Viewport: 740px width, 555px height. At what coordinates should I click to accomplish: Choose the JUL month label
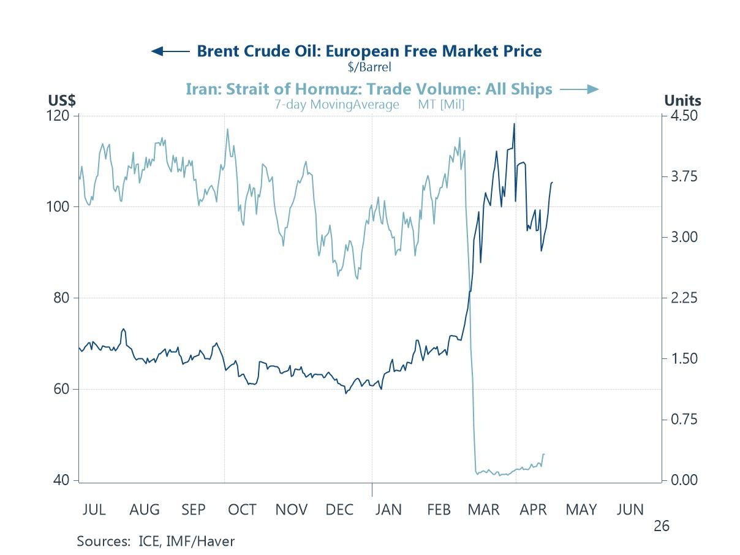pos(93,510)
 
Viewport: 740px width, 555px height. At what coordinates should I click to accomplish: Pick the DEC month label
pos(339,510)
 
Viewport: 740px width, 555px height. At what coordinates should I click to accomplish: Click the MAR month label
pos(483,510)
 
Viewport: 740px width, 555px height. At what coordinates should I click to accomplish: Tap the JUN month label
pos(630,510)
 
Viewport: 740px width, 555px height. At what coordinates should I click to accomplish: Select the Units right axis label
pos(682,100)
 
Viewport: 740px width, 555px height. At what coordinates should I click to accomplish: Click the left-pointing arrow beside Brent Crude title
pos(170,51)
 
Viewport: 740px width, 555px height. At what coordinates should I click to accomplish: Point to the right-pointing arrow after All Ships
pos(579,89)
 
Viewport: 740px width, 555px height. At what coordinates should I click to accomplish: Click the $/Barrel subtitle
pos(369,67)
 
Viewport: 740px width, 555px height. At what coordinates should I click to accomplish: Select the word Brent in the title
pos(219,51)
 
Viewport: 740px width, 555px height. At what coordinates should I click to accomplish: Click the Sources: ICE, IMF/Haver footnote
pos(156,541)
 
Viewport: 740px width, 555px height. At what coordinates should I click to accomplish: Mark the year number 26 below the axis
pos(660,526)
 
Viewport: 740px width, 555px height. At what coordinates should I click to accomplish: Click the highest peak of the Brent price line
pos(514,124)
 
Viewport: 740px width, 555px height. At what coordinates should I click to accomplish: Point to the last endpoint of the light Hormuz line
pos(543,454)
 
